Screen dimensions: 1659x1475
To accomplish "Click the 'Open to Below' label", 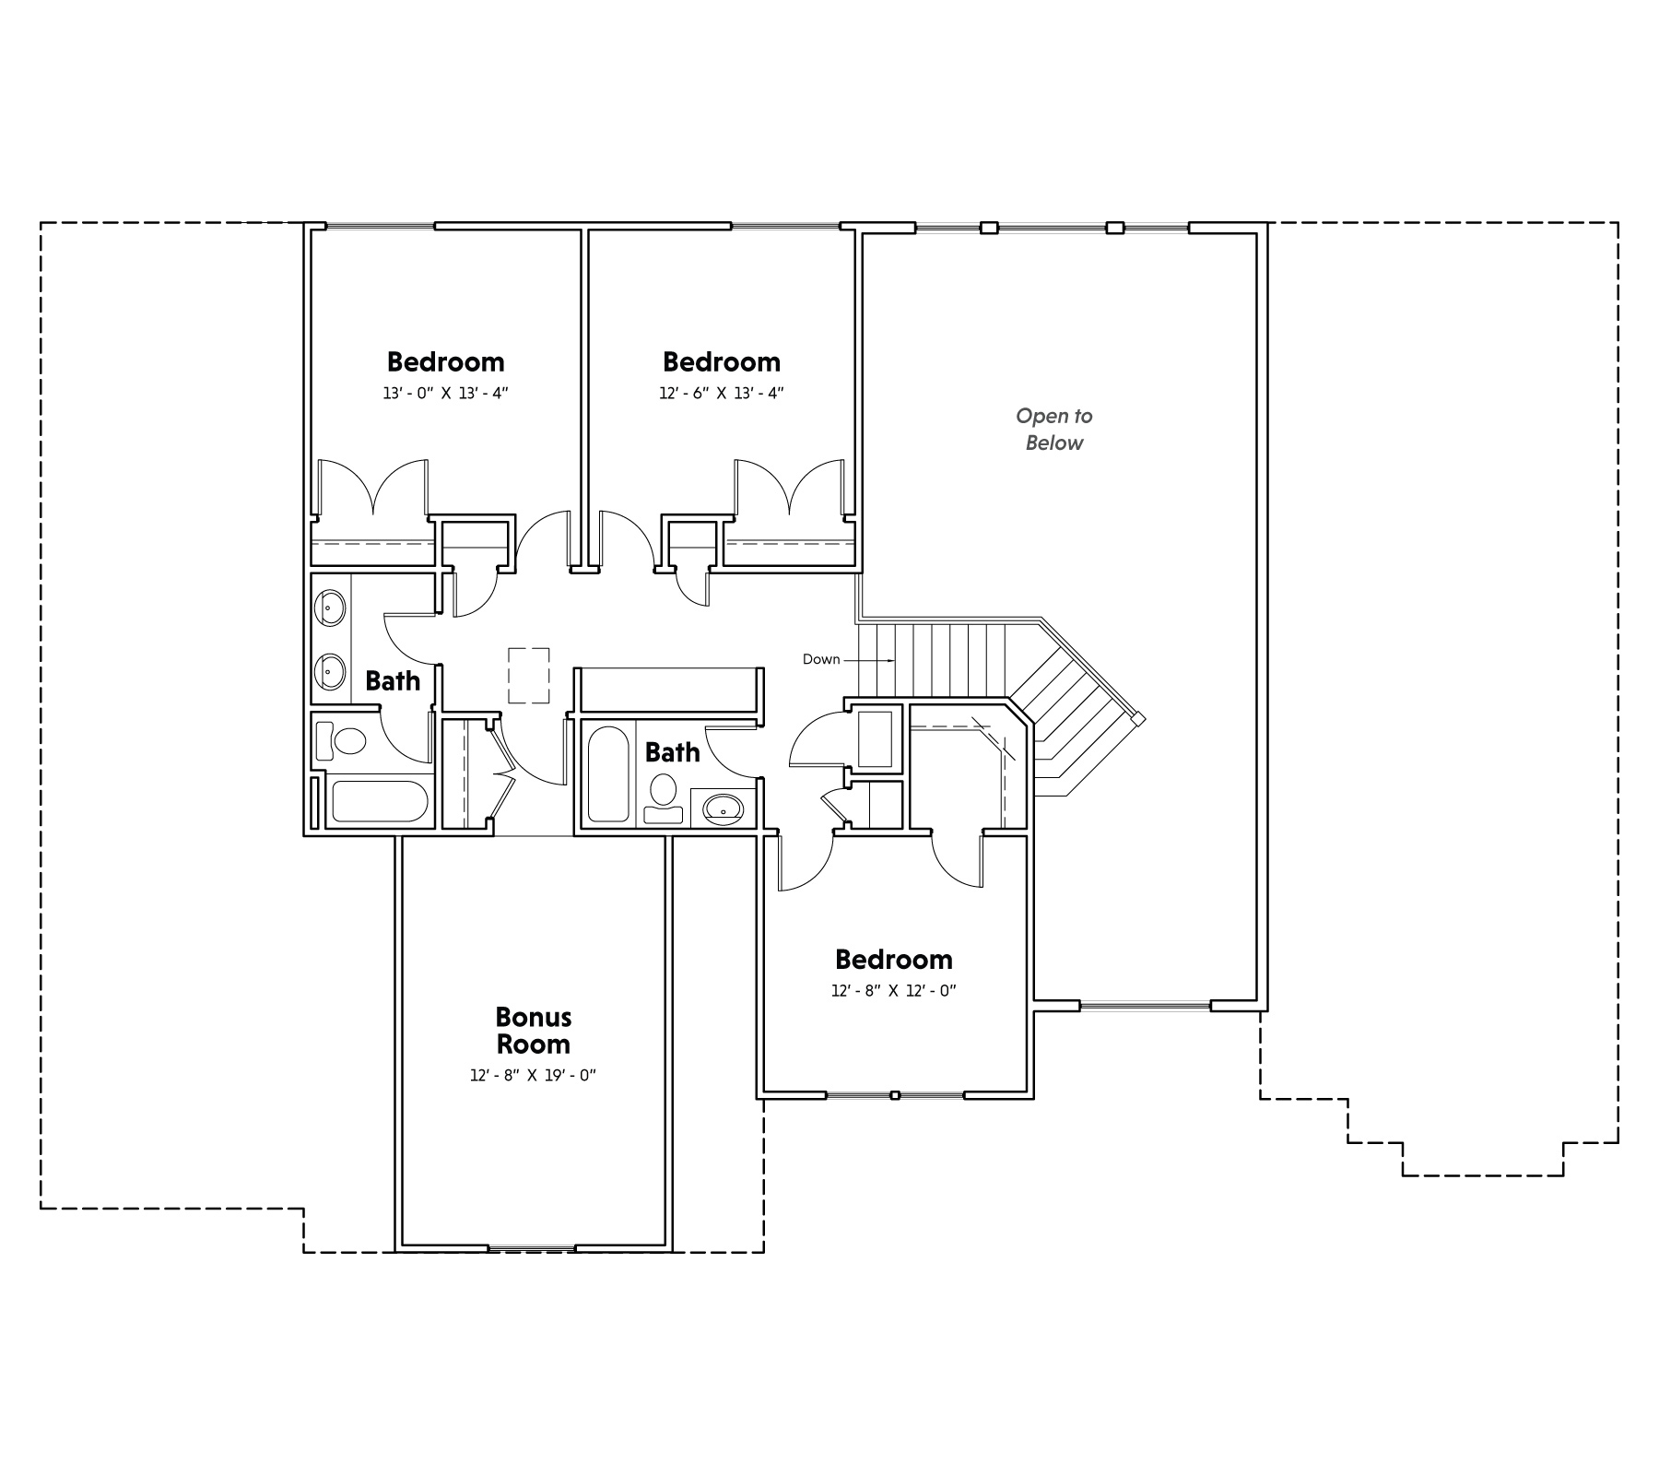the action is [x=1054, y=430].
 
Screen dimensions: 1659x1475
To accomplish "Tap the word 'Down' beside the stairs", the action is [x=821, y=659].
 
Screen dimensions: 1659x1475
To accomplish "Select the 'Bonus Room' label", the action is [x=534, y=1031].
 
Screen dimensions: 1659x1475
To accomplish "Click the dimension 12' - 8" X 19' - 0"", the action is [x=534, y=1076].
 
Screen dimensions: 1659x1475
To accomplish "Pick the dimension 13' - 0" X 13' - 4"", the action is [x=446, y=393].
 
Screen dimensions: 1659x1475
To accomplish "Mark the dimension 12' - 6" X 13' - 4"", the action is [x=722, y=393].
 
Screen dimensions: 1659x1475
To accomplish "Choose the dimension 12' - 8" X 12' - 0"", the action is [x=894, y=991].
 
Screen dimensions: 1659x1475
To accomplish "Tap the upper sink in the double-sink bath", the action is [x=330, y=608].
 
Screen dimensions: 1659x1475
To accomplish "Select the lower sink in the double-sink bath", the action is [x=330, y=671].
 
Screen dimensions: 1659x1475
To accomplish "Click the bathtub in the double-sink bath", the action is [x=380, y=802].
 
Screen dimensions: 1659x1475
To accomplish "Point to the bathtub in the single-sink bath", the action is [x=606, y=774].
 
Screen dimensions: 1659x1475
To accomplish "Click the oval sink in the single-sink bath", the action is [x=724, y=809].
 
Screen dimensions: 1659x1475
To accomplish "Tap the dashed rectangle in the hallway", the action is [x=529, y=676].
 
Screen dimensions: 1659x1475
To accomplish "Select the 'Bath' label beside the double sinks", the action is [x=393, y=681].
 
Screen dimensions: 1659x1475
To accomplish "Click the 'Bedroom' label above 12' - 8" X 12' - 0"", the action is [x=894, y=960].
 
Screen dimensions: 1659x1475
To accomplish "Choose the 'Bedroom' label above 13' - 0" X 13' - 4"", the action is [x=446, y=361].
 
